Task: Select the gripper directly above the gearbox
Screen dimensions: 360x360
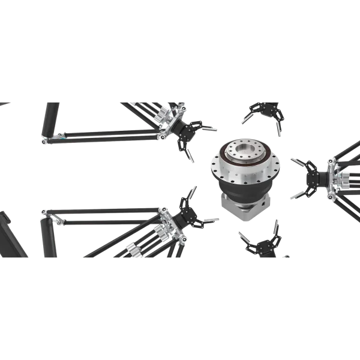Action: point(262,112)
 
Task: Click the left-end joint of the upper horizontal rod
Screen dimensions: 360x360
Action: point(46,140)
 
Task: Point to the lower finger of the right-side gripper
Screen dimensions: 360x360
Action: point(295,195)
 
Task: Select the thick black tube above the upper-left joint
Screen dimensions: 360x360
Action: point(50,117)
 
